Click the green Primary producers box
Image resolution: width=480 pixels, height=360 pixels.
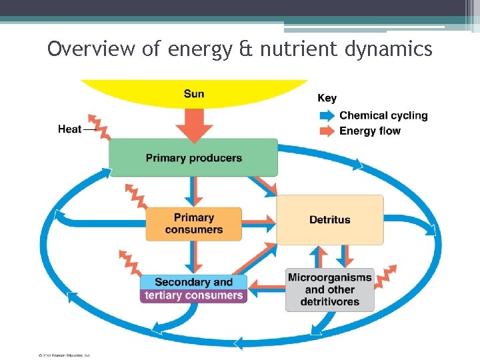tap(193, 158)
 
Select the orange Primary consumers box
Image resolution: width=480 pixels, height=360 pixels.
tap(193, 223)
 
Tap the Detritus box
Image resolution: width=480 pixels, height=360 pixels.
tap(329, 219)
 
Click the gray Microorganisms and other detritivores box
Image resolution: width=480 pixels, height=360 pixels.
tap(329, 289)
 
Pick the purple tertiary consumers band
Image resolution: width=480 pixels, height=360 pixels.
tap(193, 295)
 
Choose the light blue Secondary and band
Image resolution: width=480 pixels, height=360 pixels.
tap(193, 282)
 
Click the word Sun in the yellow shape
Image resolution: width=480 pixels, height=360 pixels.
tap(194, 93)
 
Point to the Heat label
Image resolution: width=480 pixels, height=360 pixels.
tap(69, 129)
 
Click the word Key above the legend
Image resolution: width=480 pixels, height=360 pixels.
tap(327, 98)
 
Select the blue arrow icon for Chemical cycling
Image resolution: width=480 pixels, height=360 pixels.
tap(328, 115)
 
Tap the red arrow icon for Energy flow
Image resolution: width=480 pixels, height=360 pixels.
tap(328, 131)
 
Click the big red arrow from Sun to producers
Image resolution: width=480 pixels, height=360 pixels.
tap(193, 125)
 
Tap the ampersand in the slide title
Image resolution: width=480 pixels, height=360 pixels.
tap(247, 49)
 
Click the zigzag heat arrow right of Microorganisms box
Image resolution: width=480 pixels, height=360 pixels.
tap(385, 275)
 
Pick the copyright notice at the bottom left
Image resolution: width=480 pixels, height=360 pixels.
tap(64, 355)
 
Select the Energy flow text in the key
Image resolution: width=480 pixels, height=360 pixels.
tap(370, 131)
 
